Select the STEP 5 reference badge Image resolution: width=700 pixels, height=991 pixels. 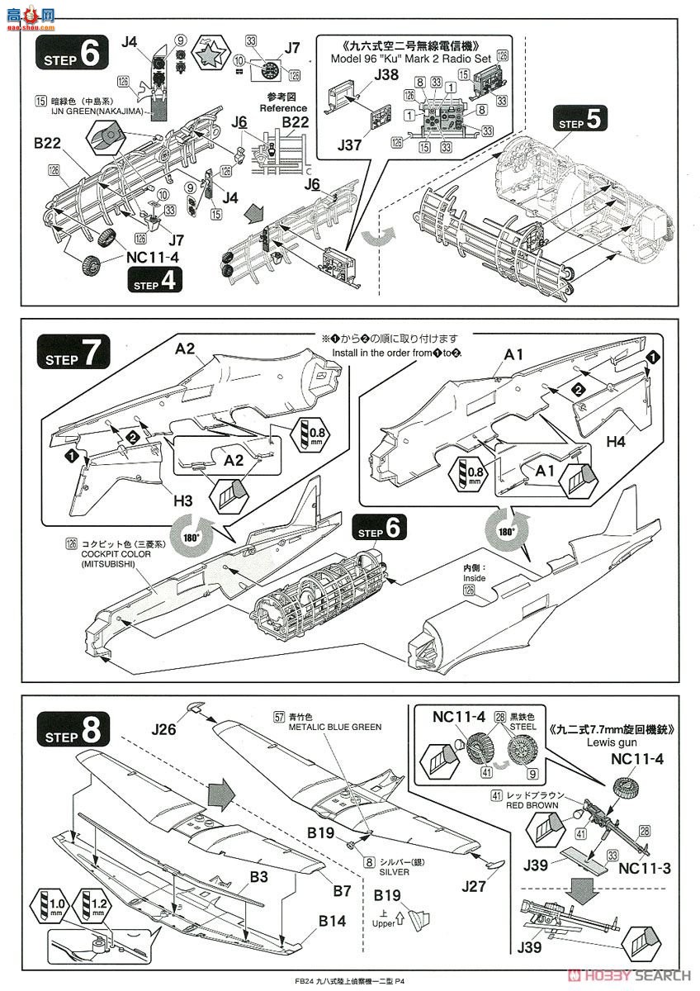tap(584, 122)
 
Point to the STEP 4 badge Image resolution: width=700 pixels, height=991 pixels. tap(154, 281)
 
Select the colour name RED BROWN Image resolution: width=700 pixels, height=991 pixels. tap(534, 804)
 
